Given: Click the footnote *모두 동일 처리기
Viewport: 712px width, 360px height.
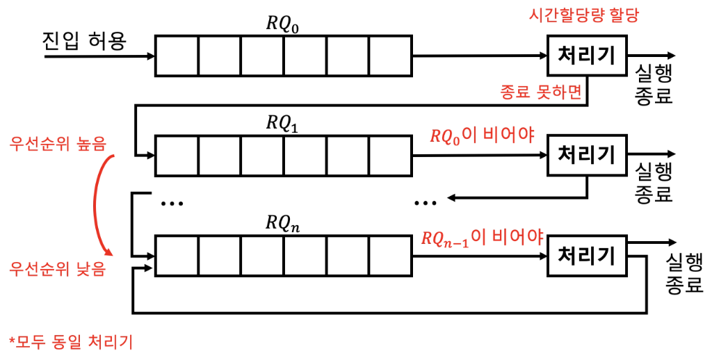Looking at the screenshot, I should click(70, 342).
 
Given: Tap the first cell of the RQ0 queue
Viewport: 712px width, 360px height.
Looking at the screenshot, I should click(177, 56).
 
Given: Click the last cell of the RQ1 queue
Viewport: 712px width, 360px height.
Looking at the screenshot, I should click(390, 155).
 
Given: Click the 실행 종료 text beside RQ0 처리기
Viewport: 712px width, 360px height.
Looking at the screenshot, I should click(654, 82).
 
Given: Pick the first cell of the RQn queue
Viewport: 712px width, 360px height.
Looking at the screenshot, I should click(177, 256).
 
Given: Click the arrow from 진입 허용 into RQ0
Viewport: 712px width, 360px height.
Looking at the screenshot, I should click(97, 56).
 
